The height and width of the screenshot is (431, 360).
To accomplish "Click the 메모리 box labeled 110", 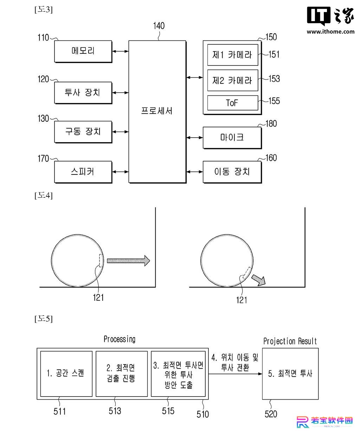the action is coord(83,51).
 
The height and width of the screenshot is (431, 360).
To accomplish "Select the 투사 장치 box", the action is coord(83,93).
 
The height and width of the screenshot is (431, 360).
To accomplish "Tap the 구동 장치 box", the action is coord(83,132).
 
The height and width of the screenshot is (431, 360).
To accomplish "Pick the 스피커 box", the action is coord(83,172).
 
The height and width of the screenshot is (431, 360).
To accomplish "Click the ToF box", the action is coord(232,103).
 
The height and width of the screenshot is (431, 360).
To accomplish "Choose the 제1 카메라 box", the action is coord(232,55).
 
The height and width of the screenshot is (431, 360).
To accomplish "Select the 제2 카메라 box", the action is coord(232,80).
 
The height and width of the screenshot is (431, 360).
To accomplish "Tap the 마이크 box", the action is coord(232,138).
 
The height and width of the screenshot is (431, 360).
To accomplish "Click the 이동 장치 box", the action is coord(232,172).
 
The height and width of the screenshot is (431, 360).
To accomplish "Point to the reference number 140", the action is coord(159,26).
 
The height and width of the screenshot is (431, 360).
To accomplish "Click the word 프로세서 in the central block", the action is coord(157,111).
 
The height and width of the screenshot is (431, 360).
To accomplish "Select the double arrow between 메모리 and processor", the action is coord(121,51).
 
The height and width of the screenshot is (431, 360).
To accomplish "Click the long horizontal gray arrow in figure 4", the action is coord(128,261).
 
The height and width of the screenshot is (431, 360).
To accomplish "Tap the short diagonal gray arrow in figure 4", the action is coord(258,280).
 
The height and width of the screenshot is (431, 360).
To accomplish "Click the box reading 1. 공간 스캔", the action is coord(66,374).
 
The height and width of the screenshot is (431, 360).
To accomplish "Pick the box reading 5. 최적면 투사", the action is coord(290,374).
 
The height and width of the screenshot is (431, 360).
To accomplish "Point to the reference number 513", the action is coord(115,411).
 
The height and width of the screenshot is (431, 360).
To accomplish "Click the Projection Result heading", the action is coord(290,341).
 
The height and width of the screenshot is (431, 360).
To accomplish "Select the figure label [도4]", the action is coord(44,195).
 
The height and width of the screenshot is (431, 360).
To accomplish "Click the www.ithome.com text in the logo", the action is coord(330,32).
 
